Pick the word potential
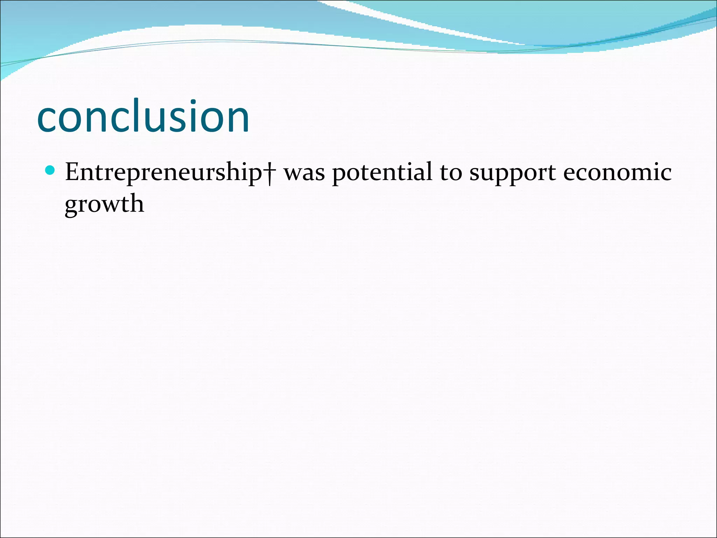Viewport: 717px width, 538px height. (x=382, y=173)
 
